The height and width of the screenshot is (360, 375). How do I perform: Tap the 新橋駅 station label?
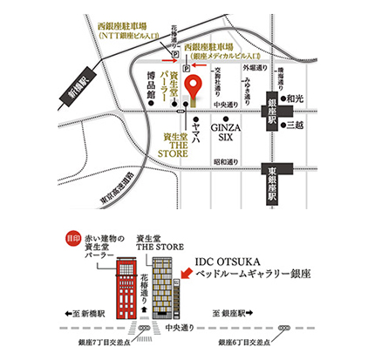pos(66,88)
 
